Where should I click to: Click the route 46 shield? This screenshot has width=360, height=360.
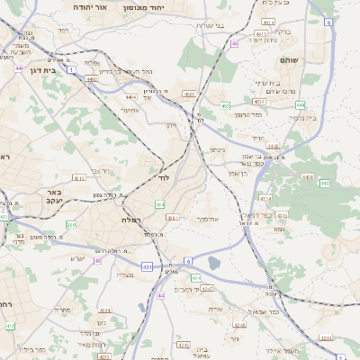[x=235, y=43]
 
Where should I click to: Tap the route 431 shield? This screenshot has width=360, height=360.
[x=147, y=267]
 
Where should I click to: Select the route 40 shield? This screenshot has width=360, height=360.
[x=97, y=260]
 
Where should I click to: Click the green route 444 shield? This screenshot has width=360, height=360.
[x=300, y=104]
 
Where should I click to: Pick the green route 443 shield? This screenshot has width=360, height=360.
[x=323, y=184]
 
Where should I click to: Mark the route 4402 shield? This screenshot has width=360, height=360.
[x=91, y=78]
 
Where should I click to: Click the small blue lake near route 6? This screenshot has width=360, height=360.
[x=213, y=263]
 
